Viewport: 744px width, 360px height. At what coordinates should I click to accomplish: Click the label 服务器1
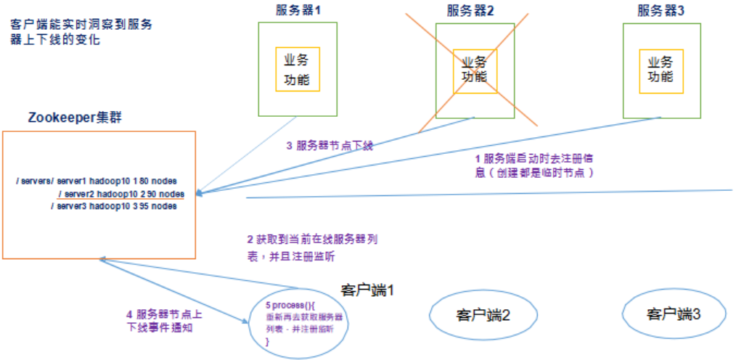click(x=298, y=10)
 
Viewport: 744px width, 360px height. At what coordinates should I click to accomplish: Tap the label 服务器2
click(x=471, y=10)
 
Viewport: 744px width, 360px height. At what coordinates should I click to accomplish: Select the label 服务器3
click(x=661, y=10)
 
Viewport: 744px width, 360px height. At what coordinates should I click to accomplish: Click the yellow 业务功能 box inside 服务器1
click(x=297, y=70)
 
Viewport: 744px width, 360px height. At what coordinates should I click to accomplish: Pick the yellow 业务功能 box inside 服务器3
click(x=661, y=70)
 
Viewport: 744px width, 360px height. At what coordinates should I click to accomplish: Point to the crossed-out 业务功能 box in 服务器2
click(x=475, y=70)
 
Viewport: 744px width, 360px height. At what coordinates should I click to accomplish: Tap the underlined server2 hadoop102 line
click(x=120, y=193)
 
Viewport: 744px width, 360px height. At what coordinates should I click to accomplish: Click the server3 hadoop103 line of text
click(x=113, y=206)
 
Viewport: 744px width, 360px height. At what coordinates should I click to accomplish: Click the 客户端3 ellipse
click(x=674, y=314)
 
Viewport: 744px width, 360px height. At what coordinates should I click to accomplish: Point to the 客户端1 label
click(x=367, y=290)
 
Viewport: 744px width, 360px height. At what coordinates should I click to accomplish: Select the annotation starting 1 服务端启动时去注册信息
click(x=536, y=165)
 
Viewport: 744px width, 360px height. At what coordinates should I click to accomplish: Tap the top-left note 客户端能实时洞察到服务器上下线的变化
click(x=81, y=32)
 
